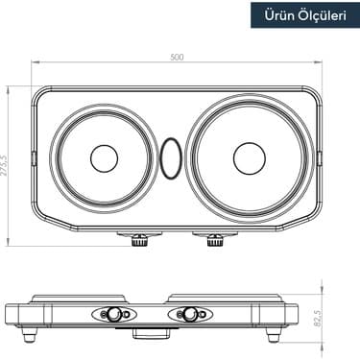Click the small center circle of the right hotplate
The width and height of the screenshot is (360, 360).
(249, 157)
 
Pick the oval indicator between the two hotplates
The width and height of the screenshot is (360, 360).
(171, 158)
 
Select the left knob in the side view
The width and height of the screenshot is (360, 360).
(112, 314)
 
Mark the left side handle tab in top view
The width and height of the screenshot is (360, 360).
(34, 157)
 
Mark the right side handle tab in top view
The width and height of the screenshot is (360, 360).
(319, 157)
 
